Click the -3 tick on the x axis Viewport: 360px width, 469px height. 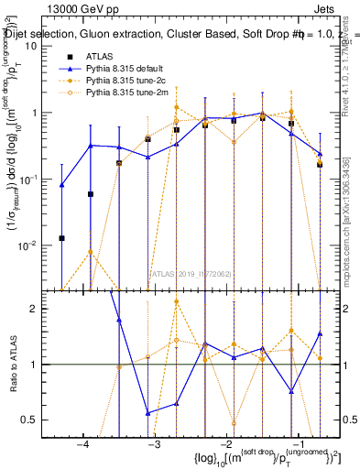[154, 443]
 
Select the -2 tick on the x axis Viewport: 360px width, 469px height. [226, 443]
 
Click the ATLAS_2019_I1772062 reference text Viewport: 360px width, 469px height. [191, 273]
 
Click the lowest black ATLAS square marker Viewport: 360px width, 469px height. [61, 238]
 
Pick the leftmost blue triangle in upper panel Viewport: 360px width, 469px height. [61, 185]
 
